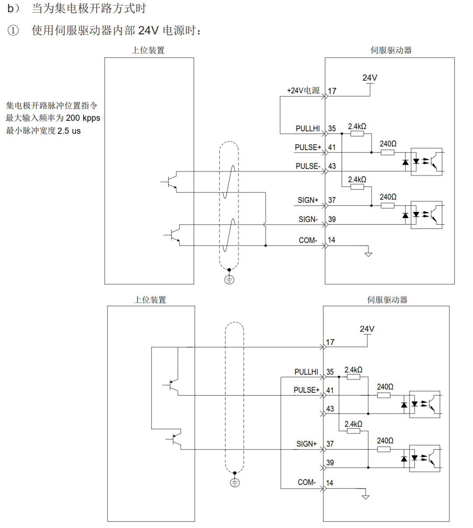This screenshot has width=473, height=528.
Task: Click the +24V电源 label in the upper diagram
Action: coord(303,91)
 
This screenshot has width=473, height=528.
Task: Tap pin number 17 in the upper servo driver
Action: coord(332,91)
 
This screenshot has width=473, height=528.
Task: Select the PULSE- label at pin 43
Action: coord(308,166)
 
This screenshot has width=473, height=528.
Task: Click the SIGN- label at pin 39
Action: coord(308,219)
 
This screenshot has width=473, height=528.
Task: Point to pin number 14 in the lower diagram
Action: coord(329,482)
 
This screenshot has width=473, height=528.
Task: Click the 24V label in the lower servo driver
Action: coord(367,329)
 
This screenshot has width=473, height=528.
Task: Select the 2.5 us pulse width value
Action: coord(69,131)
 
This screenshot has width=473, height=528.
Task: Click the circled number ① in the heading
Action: coord(14,31)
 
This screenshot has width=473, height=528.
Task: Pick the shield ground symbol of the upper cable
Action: coord(229,279)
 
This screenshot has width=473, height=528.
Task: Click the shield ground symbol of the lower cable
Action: coord(235,482)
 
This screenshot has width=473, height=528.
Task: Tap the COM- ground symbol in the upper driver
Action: coord(368,254)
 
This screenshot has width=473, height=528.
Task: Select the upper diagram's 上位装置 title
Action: coord(148,50)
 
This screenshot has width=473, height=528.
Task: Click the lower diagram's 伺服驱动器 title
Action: coord(387,300)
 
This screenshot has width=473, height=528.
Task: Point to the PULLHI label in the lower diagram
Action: coord(306,372)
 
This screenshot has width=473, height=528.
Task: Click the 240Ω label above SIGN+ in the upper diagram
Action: coord(388,197)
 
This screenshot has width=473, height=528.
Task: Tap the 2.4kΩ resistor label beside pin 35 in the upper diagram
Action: coord(357,127)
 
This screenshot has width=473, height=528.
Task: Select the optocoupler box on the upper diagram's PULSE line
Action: coord(426,162)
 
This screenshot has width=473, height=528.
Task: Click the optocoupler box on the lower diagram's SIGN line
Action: coord(424,458)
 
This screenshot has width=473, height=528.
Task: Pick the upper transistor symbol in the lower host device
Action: coord(173,385)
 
